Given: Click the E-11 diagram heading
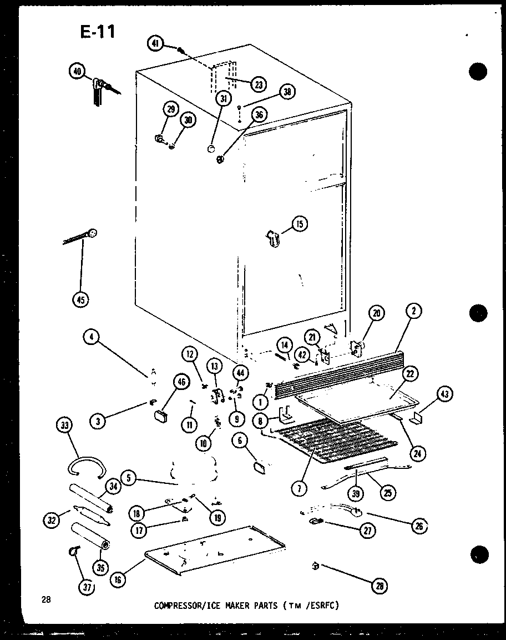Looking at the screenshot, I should click(x=98, y=32).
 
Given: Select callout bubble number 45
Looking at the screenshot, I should click(x=80, y=300).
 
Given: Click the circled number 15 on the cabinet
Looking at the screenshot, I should click(x=300, y=224).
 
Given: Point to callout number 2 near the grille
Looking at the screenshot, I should click(x=413, y=312).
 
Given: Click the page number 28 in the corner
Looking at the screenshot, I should click(x=46, y=599).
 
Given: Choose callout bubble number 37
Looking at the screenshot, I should click(x=87, y=587).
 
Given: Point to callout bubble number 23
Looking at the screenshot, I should click(x=258, y=84).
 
